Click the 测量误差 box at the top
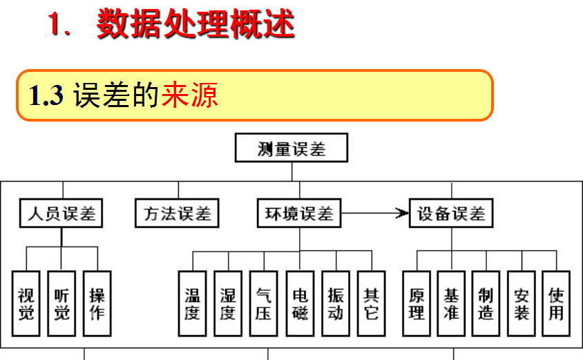291,149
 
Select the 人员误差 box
61,214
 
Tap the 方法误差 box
177,214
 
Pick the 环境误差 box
299,214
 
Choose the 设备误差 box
452,214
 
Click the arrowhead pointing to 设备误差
402,214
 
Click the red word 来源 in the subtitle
190,95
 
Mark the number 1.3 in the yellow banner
46,95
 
